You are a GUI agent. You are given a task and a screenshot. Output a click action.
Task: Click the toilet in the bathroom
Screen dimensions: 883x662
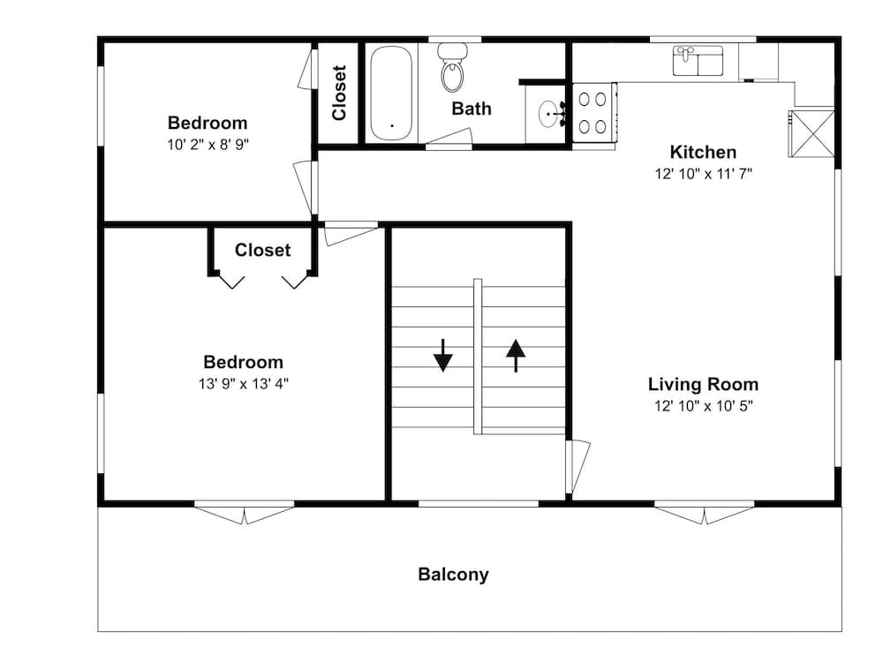coord(453,67)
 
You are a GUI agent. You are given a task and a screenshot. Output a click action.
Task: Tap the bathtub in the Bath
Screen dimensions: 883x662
coord(391,93)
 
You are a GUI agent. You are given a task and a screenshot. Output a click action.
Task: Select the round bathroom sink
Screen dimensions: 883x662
coord(549,115)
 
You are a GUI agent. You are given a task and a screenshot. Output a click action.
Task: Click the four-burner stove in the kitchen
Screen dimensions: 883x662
coord(593,113)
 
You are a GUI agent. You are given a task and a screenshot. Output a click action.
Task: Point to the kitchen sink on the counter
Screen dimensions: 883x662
coord(698,61)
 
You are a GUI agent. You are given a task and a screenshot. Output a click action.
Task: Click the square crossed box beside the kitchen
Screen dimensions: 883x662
coord(811,133)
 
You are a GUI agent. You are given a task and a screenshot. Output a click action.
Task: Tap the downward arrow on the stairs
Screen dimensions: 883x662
coord(443,355)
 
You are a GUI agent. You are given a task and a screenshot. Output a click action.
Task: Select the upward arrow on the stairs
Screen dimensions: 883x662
coord(516,355)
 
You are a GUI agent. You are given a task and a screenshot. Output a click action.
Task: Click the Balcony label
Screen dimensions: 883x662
coord(453,575)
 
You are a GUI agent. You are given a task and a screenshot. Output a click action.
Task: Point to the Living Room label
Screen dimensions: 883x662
coord(703,384)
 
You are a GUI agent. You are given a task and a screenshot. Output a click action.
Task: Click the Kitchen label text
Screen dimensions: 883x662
coord(703,152)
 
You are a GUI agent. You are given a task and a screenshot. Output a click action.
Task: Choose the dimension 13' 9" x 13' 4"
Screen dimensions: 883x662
coord(244,384)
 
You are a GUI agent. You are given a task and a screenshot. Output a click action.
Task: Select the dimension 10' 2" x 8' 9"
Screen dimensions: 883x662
coord(208,145)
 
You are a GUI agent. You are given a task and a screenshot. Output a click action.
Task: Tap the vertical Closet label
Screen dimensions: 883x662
coord(338,93)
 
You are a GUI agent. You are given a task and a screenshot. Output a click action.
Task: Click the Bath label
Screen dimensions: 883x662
coord(472,108)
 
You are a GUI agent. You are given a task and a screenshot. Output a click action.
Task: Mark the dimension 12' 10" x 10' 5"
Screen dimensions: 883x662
coord(704,406)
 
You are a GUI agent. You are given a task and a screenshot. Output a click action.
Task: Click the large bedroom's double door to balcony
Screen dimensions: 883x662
coord(245,512)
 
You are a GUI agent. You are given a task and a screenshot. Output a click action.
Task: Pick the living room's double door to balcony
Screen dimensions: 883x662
coord(704,512)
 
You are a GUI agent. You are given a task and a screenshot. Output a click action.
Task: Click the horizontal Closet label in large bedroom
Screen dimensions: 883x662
coord(262,250)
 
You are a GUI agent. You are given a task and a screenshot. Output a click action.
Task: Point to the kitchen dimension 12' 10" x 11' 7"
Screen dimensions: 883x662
coord(704,174)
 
